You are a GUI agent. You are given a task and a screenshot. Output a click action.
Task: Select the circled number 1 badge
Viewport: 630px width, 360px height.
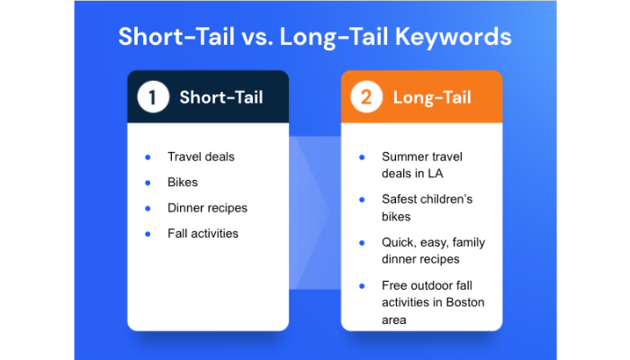click(x=153, y=97)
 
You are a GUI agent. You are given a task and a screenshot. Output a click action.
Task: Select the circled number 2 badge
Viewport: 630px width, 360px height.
click(x=366, y=97)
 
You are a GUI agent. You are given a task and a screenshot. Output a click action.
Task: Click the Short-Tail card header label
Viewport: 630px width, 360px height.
click(x=220, y=97)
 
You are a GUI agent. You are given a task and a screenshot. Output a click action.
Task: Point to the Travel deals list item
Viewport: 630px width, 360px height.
click(x=201, y=157)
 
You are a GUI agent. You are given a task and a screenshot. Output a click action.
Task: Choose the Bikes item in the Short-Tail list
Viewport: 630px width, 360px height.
click(x=182, y=182)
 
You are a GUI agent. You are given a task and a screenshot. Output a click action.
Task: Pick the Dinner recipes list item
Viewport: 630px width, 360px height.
click(x=207, y=208)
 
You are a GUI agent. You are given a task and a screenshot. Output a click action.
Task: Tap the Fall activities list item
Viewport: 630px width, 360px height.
click(x=202, y=234)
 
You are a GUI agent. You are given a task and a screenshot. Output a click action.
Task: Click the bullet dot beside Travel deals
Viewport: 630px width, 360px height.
click(x=148, y=157)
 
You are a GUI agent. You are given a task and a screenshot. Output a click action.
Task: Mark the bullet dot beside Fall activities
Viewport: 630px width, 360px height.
click(x=148, y=234)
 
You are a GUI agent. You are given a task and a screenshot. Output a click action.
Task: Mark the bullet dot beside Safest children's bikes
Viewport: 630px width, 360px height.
click(x=361, y=199)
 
